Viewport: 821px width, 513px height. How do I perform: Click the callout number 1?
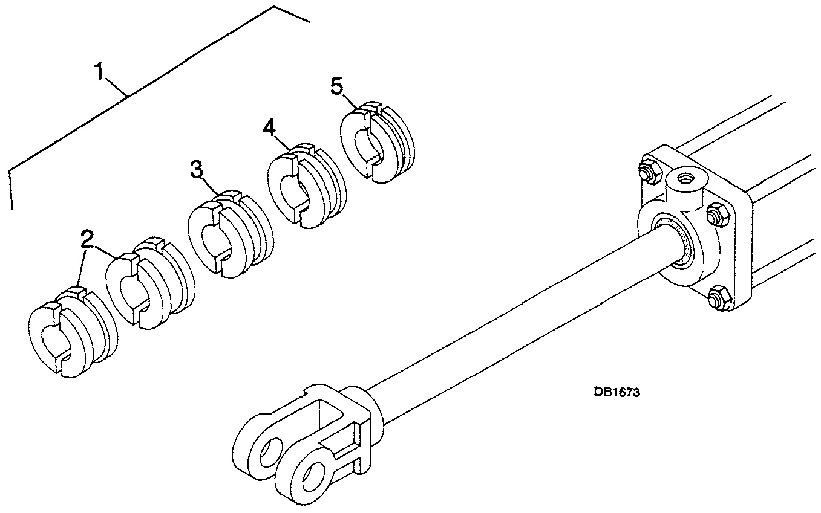pos(99,72)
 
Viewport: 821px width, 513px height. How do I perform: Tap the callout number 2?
pos(87,239)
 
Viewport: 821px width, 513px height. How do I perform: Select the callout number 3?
pos(197,170)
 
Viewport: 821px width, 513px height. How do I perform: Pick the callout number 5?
pos(337,87)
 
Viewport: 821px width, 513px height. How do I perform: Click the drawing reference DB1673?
pos(617,392)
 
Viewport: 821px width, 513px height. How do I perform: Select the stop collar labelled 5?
pos(378,142)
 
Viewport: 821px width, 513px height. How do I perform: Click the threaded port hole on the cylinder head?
pos(684,179)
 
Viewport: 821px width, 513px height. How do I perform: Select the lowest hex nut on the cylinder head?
pos(719,298)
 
